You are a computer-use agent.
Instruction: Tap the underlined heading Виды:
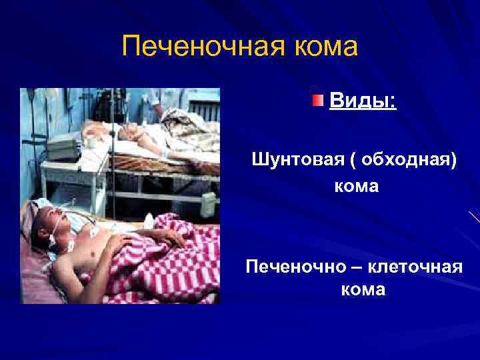click(363, 103)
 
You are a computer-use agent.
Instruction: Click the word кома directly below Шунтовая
click(357, 186)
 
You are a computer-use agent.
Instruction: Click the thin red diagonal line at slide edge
click(474, 216)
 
